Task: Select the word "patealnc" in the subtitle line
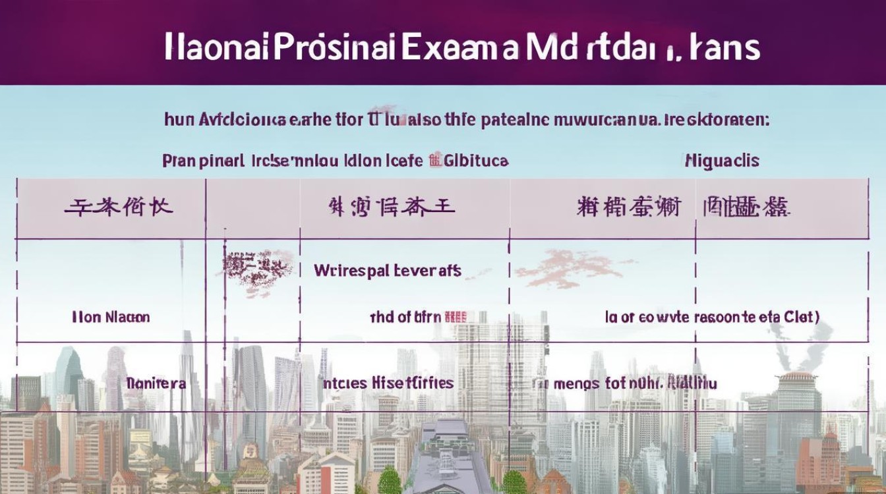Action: (515, 119)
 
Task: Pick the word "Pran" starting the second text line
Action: (179, 160)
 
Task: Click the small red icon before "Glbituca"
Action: (434, 159)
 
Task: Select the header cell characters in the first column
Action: (119, 208)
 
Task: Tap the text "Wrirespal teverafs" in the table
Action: (388, 270)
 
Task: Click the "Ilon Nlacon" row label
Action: (111, 317)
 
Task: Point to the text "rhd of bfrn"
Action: (405, 317)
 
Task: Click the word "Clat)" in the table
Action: (802, 317)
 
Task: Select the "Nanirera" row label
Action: (156, 383)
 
